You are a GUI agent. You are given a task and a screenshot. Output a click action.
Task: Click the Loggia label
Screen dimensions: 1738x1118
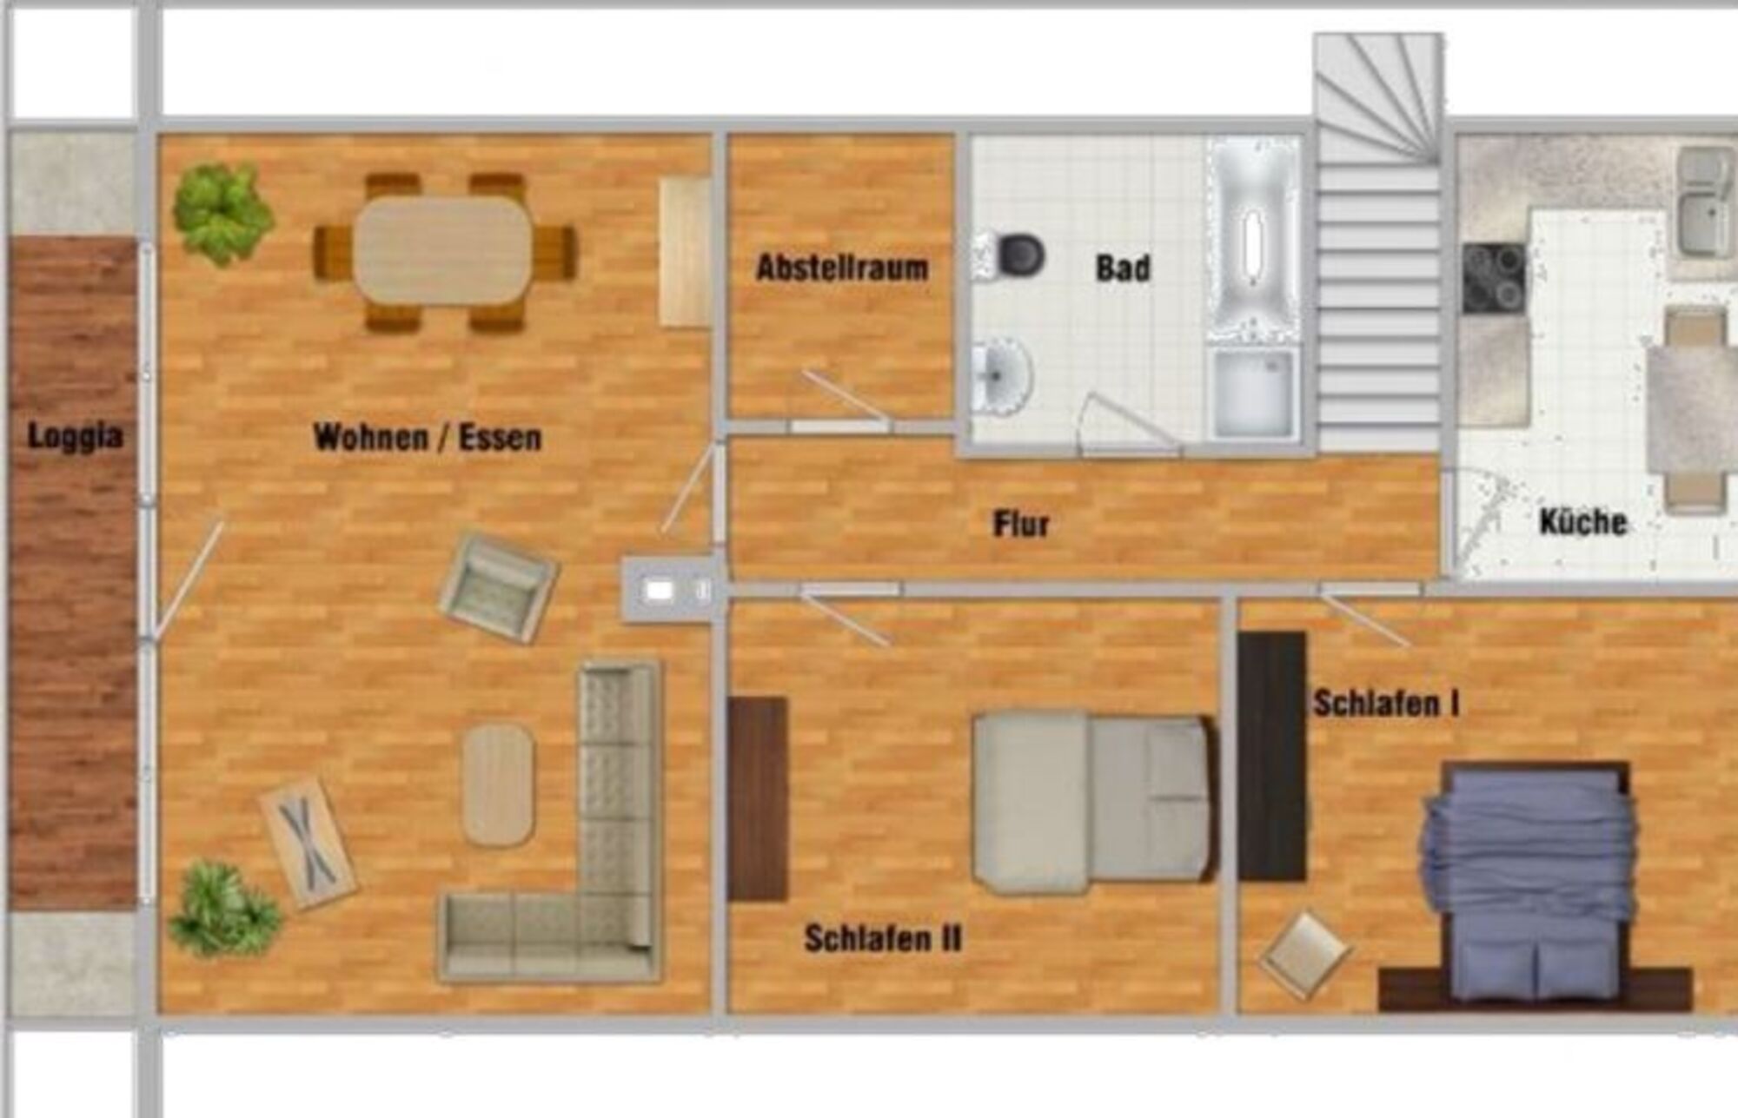click(75, 436)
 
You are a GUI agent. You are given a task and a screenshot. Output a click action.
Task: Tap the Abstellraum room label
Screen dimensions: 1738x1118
click(842, 268)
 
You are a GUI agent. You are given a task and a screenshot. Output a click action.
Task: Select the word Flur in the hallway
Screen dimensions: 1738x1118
click(1021, 524)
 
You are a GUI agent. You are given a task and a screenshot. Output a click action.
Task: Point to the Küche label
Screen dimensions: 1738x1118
click(1582, 521)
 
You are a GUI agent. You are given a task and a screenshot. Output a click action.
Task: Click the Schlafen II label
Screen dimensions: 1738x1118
click(883, 938)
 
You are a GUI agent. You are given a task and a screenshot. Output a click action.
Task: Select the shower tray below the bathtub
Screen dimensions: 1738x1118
click(1254, 393)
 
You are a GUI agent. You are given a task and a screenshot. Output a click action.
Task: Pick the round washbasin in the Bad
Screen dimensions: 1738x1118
click(1001, 375)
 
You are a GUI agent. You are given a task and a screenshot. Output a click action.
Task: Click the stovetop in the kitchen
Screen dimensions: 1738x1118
click(1494, 278)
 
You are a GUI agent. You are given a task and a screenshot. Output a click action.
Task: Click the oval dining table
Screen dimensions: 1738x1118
click(443, 251)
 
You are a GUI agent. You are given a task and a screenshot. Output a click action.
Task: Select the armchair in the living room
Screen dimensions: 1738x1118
click(499, 587)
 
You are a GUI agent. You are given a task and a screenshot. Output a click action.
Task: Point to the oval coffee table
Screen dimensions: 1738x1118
click(498, 784)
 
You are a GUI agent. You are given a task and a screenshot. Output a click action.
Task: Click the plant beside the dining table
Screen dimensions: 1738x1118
click(222, 213)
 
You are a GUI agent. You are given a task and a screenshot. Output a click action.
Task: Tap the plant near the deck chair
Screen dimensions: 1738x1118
click(224, 909)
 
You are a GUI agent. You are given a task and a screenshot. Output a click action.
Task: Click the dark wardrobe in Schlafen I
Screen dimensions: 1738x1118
click(1272, 757)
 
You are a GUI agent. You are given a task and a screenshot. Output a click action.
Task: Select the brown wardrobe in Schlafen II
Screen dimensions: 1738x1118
click(758, 799)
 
